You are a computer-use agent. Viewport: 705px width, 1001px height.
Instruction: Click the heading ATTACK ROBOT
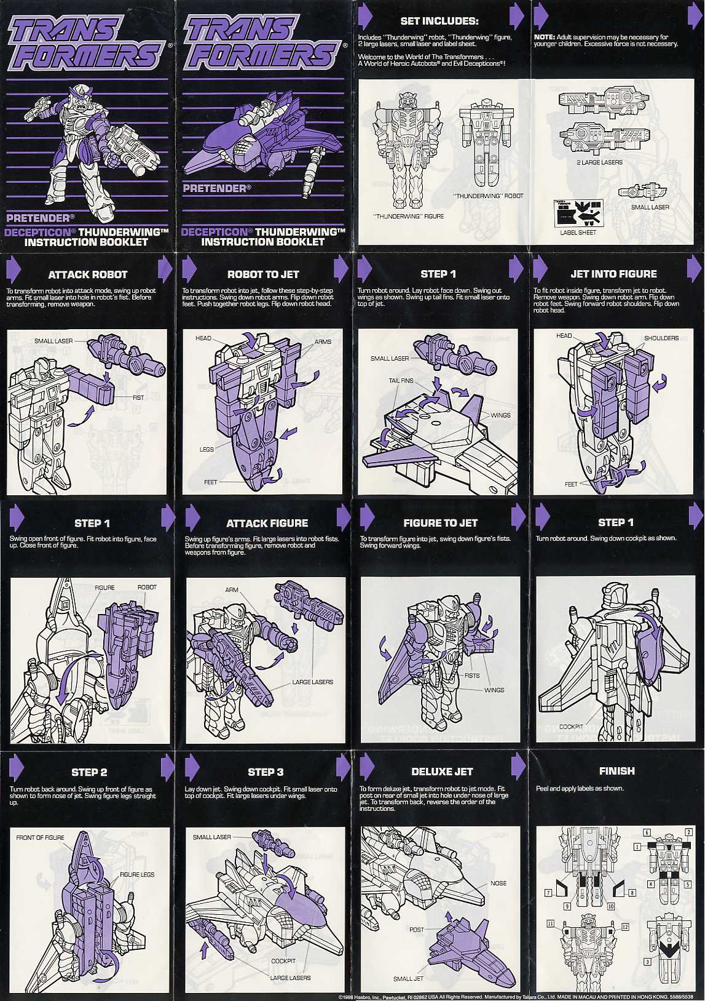point(88,274)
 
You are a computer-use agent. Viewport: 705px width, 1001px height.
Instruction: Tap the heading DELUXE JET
point(442,772)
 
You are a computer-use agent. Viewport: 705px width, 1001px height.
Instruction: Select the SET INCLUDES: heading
point(439,21)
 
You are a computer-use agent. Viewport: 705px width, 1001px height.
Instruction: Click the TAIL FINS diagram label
point(401,381)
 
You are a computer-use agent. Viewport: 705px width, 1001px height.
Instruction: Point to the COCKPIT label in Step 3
point(283,960)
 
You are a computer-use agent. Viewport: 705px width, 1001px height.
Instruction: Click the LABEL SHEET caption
point(578,233)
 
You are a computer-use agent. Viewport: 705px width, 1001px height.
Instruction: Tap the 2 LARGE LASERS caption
point(599,162)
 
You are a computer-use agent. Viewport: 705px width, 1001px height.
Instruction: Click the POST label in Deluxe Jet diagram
point(416,929)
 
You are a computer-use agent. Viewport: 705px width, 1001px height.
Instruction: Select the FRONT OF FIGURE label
point(40,837)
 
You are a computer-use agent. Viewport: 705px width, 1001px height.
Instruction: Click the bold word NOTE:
point(544,37)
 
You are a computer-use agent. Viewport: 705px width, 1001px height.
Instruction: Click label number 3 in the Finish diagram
point(647,961)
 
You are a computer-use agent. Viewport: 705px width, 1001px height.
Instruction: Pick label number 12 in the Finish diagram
point(625,927)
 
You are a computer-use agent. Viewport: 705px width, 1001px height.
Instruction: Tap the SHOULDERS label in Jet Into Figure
point(661,338)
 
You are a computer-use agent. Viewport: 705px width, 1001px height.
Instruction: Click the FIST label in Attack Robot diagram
point(138,397)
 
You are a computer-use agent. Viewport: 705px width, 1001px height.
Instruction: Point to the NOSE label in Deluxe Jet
point(498,883)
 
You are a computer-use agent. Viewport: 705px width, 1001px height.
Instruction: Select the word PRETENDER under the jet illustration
point(214,188)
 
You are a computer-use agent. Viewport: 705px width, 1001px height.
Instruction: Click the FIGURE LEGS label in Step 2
point(137,874)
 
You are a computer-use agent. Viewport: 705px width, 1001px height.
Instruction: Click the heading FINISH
point(616,771)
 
